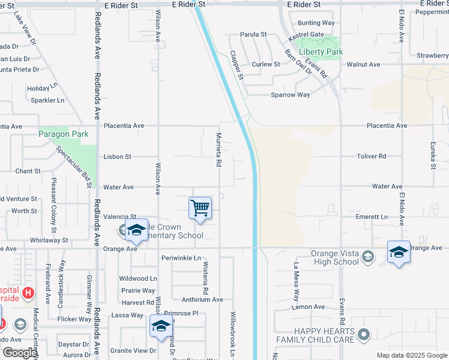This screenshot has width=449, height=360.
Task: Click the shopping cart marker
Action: (x=200, y=208)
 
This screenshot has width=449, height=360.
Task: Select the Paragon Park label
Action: (x=63, y=134)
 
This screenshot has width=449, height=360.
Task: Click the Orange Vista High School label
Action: (x=335, y=257)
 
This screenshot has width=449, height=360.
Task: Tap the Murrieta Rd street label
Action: (x=219, y=150)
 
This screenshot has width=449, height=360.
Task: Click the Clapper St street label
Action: (x=237, y=65)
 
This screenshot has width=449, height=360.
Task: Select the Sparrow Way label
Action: (x=290, y=95)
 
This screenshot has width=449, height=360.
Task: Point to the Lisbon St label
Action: (x=117, y=157)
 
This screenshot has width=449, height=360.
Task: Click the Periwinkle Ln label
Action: (x=181, y=258)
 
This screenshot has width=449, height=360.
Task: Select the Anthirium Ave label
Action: (x=202, y=299)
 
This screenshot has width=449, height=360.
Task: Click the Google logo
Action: (x=19, y=353)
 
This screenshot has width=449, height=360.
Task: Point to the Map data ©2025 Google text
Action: (x=412, y=355)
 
